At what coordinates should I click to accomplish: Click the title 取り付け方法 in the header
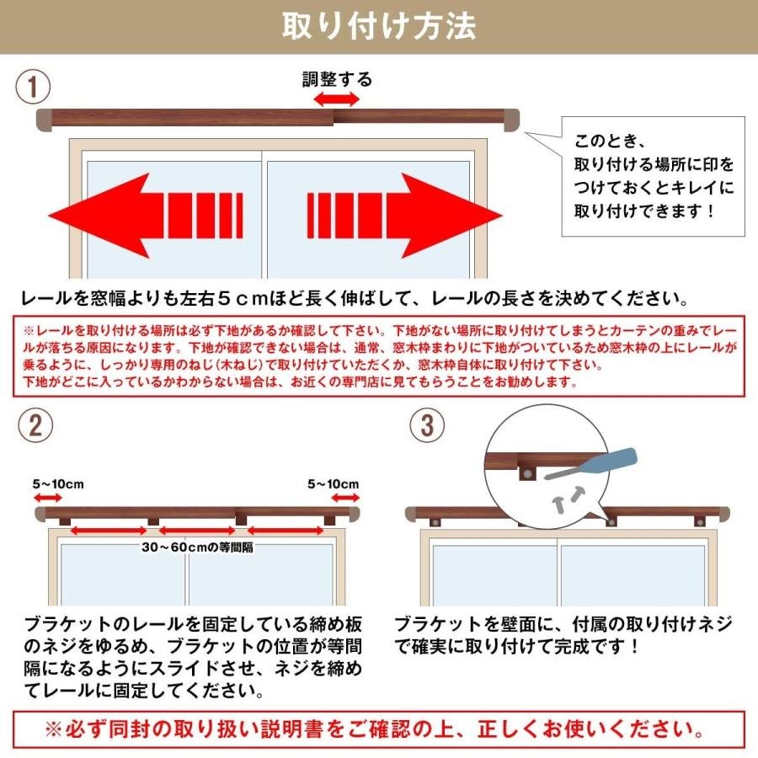point(379,26)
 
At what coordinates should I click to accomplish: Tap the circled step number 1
point(35,87)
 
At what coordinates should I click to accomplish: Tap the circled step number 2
point(35,426)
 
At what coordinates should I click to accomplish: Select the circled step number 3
point(427,426)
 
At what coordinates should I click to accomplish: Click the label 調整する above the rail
point(337,80)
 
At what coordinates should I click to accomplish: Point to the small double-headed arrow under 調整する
point(337,99)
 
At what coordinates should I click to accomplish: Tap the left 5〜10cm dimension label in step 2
point(58,484)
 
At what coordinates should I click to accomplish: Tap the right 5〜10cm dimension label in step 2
point(333,484)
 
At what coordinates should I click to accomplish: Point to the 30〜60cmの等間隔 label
point(198,547)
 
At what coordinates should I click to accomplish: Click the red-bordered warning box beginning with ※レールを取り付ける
point(379,356)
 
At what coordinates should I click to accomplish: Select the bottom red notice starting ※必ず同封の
point(379,729)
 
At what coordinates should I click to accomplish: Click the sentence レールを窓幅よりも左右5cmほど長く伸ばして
point(354,298)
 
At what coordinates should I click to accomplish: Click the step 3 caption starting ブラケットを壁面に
point(563,636)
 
